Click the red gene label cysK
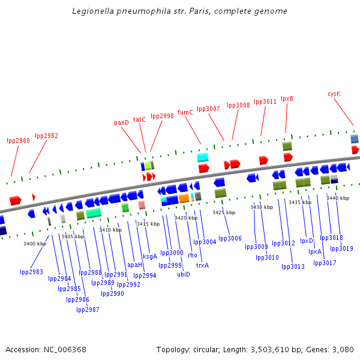pos(334,94)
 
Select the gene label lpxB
pos(287,98)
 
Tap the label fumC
pos(185,112)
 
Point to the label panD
pos(121,122)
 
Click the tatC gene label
pos(139,119)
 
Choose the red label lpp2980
pos(18,140)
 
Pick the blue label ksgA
pos(150,256)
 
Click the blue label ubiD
pos(184,274)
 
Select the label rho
pos(192,255)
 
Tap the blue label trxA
pos(202,265)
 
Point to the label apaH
pos(135,265)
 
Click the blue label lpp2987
pos(88,310)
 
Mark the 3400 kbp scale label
pos(35,244)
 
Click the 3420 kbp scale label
pos(186,218)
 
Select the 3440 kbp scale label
pos(337,198)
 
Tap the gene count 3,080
pos(342,349)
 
